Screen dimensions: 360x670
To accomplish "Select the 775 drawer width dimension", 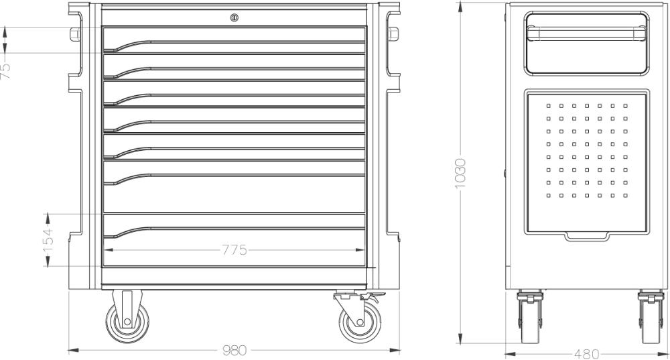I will tap(234, 251).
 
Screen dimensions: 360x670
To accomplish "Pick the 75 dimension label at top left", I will tap(5, 71).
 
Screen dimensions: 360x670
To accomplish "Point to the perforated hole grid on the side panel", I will tap(586, 150).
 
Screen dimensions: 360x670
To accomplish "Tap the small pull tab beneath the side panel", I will tap(586, 235).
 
